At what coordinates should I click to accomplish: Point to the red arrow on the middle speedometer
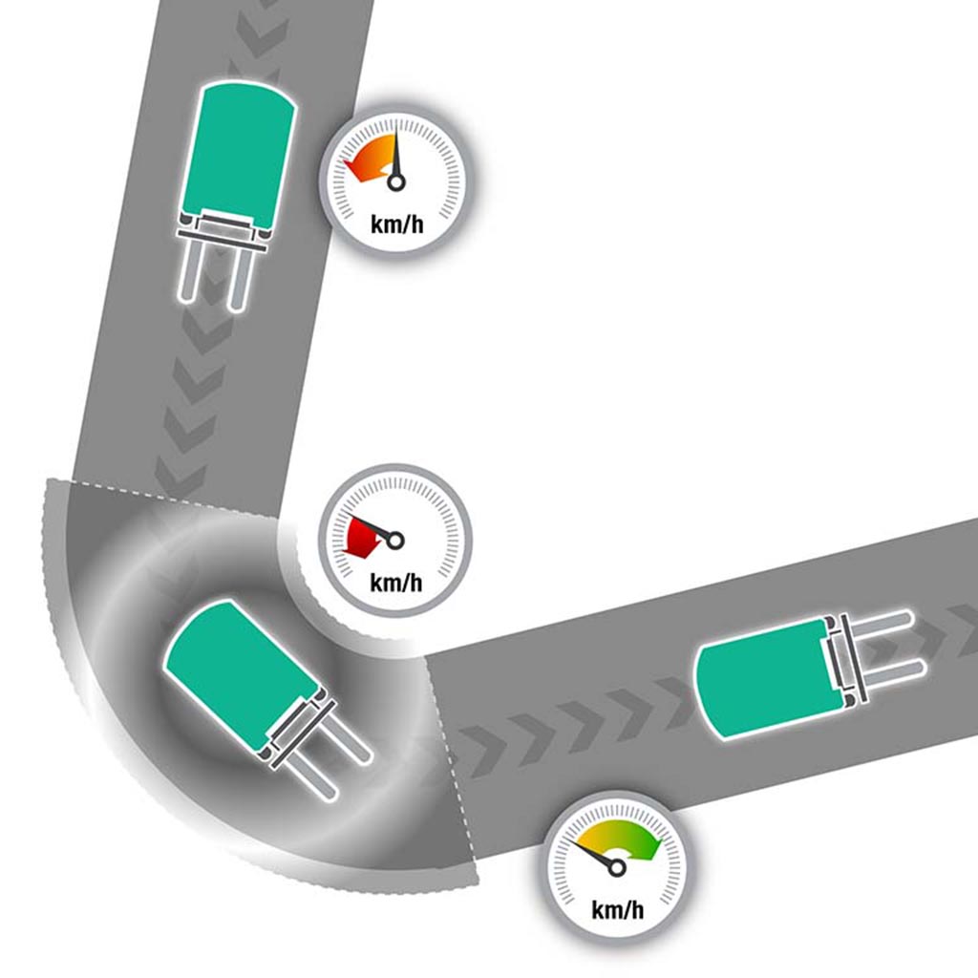click(364, 537)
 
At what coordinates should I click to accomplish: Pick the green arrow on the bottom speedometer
click(624, 840)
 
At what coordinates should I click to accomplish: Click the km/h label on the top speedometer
click(396, 223)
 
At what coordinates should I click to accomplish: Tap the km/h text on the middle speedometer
click(396, 583)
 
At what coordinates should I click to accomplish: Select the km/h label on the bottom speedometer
click(618, 910)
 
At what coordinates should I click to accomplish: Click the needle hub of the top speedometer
click(396, 182)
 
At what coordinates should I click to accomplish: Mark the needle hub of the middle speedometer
click(395, 541)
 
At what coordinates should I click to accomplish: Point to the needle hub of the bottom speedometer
click(617, 867)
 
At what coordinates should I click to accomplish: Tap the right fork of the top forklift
click(240, 278)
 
